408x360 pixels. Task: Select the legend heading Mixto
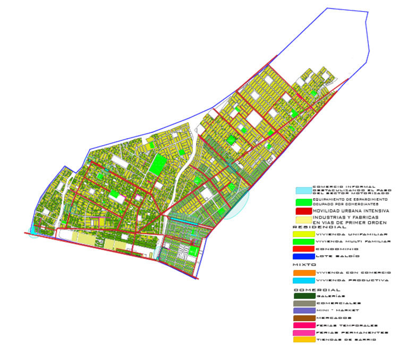coord(304,264)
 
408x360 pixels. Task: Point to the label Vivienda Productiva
coord(352,280)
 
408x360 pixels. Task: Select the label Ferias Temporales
coord(346,325)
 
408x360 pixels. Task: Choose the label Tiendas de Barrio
coord(346,340)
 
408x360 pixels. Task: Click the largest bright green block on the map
coord(157,164)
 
